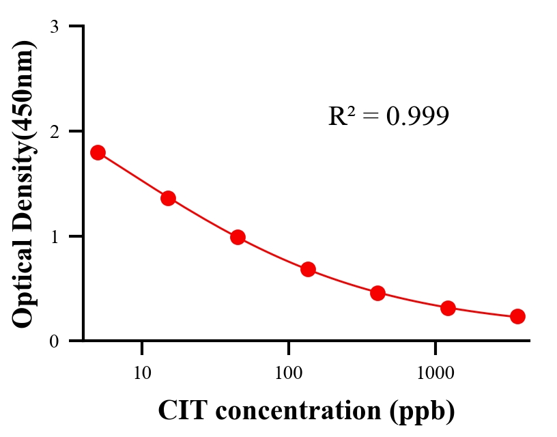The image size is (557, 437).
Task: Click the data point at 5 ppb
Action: point(98,152)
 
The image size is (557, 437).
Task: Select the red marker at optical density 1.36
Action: point(168,199)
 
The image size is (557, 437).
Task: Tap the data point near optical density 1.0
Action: point(238,237)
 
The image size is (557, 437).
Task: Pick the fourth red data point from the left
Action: point(308,269)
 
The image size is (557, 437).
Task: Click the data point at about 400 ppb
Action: point(377,294)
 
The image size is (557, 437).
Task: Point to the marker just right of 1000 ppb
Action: point(448,308)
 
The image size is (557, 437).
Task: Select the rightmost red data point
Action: point(517,316)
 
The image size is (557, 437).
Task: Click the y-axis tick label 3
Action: point(54,27)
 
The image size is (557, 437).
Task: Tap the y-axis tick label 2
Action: point(54,131)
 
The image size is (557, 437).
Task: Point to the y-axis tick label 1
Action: point(54,236)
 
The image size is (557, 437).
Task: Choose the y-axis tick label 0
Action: point(54,341)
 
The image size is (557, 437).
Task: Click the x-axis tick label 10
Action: point(142,373)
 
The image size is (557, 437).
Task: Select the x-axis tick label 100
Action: point(288,373)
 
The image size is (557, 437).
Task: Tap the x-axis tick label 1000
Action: point(435,373)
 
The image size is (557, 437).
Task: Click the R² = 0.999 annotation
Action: point(388,116)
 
